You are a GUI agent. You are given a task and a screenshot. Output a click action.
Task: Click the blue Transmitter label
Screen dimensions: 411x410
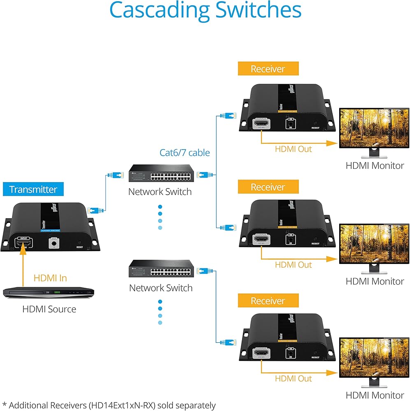click(x=33, y=189)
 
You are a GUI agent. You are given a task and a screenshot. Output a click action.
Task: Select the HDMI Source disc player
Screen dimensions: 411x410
click(x=49, y=293)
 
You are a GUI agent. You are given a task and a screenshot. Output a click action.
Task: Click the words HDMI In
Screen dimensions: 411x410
click(x=50, y=278)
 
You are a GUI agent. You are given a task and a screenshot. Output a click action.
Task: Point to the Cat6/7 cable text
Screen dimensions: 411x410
click(x=185, y=153)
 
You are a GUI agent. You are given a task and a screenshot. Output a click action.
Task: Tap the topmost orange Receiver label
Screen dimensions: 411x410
click(x=268, y=69)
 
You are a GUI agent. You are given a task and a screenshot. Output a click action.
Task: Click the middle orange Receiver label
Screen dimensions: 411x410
click(x=268, y=187)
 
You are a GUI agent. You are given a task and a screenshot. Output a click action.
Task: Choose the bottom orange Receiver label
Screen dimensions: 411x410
click(x=268, y=301)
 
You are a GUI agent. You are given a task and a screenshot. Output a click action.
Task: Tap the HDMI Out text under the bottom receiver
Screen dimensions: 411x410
click(x=294, y=379)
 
